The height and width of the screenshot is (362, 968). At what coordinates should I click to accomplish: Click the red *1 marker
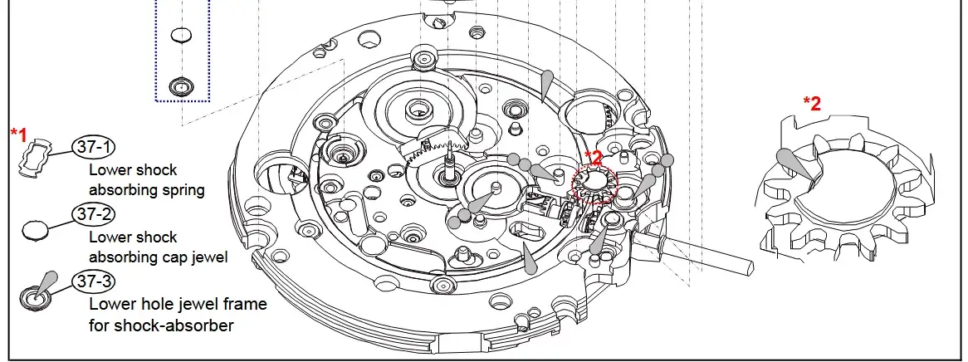[19, 134]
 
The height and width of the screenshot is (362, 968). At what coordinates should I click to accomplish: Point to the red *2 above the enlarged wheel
[812, 103]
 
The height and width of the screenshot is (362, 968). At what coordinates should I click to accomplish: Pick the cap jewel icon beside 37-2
[35, 230]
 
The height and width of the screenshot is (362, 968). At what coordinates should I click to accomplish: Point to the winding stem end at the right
[749, 267]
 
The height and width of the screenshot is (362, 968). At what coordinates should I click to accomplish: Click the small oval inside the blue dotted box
[181, 35]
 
